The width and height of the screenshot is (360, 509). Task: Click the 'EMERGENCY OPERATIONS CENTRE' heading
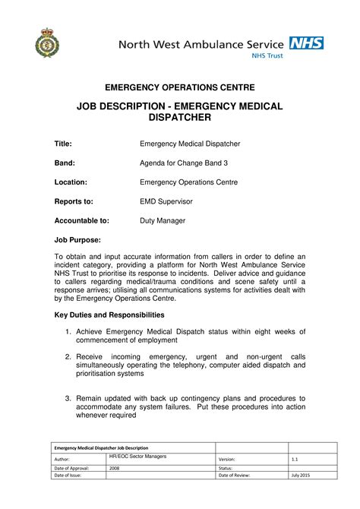[x=179, y=88]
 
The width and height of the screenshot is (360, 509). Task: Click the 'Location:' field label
[x=71, y=182]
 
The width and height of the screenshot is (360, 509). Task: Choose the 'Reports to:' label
[x=73, y=201]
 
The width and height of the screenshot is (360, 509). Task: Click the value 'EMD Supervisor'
[x=166, y=201]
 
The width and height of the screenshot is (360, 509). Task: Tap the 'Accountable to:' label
[x=81, y=221]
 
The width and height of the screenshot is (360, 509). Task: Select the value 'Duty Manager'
[x=163, y=221]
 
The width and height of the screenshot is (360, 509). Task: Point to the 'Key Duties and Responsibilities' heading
[x=115, y=315]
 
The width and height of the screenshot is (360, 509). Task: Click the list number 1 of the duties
[x=68, y=331]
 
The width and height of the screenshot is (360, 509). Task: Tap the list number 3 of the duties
[x=68, y=398]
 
